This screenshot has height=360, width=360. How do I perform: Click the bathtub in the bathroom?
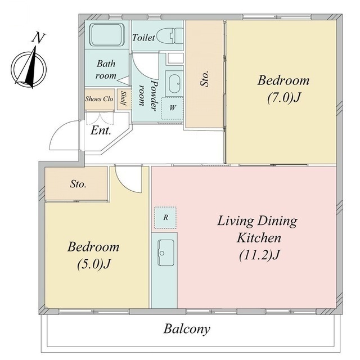tap(107, 35)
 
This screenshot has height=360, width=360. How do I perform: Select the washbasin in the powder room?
tap(174, 84)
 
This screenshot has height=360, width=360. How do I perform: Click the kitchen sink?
tap(166, 253)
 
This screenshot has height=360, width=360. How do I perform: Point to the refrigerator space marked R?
tap(165, 218)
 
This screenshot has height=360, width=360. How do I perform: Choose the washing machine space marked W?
tap(172, 108)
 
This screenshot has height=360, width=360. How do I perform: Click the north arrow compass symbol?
tap(29, 67)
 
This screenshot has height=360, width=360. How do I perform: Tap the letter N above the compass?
tap(38, 38)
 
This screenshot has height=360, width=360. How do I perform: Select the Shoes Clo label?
tap(99, 99)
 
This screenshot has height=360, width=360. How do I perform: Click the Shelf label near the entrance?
tap(123, 99)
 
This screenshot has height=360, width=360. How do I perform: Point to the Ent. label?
tap(101, 131)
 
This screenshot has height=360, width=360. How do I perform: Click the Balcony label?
tap(187, 330)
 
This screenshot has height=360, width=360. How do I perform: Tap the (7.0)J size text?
tap(283, 98)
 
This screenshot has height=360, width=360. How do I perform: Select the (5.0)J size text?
tap(94, 264)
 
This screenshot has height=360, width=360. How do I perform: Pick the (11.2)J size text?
tap(259, 255)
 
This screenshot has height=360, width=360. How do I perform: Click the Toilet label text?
tap(143, 38)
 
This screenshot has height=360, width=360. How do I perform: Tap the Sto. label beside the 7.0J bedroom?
tap(205, 79)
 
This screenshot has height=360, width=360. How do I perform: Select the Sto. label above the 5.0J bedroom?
tap(78, 184)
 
